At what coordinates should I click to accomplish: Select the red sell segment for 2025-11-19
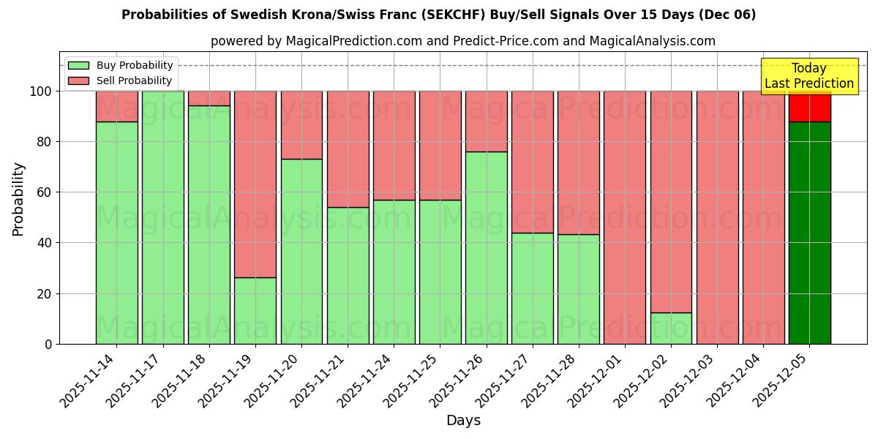(x=255, y=184)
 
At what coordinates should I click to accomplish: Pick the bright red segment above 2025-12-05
(x=809, y=107)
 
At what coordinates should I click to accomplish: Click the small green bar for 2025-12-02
(x=671, y=329)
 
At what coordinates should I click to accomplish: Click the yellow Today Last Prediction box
(x=809, y=76)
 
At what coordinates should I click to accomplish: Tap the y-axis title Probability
(x=18, y=198)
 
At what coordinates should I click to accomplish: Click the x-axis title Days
(x=463, y=421)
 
